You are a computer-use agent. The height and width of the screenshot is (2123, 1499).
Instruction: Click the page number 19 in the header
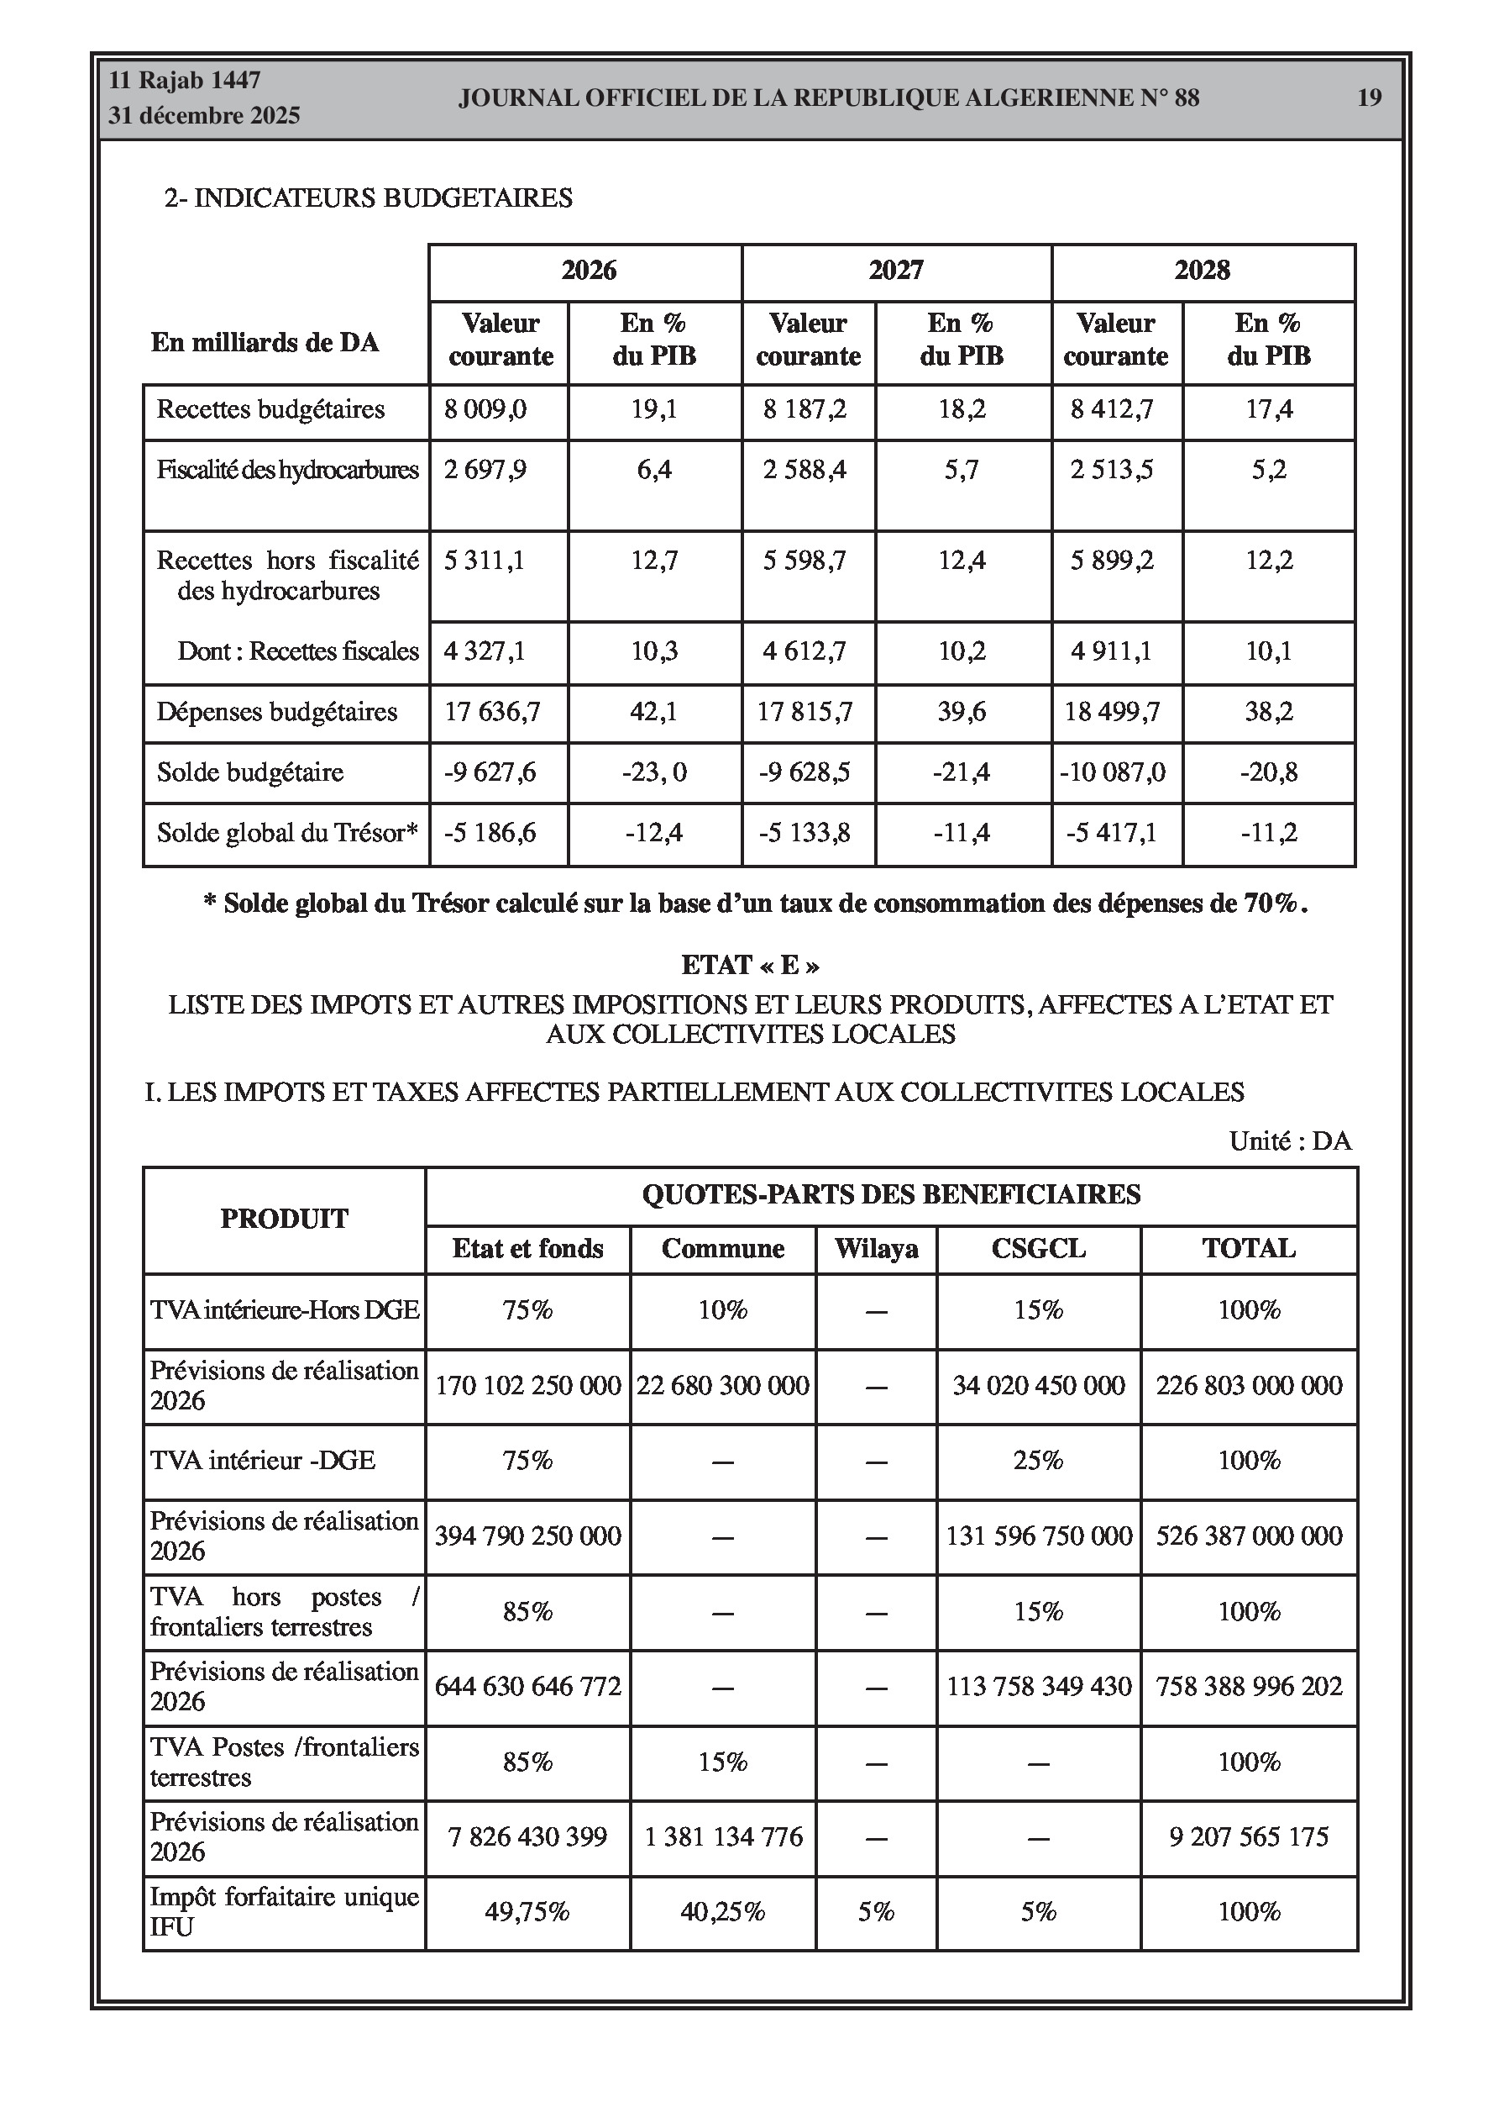pos(1369,98)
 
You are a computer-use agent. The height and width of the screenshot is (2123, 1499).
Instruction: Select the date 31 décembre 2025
pos(204,116)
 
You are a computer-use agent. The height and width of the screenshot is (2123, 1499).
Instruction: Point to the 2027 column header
pos(895,270)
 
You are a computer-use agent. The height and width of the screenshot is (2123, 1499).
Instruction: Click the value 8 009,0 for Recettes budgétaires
pos(485,409)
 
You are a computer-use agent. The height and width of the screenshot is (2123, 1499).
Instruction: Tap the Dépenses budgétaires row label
pos(276,712)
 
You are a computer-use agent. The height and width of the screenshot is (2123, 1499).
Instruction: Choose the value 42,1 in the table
pos(654,712)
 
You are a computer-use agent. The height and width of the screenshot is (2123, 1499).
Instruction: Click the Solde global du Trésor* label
pos(287,833)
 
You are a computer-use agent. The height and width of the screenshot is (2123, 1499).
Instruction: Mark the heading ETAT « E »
pos(749,966)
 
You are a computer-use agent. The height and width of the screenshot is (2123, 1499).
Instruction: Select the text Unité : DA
pos(1290,1141)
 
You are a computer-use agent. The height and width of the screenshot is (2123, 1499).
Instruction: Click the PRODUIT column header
pos(284,1219)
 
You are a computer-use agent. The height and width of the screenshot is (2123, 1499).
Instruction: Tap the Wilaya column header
pos(876,1249)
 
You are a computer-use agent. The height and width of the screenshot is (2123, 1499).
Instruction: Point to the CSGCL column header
pos(1038,1249)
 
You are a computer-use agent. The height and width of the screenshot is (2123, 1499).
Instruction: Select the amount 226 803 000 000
pos(1249,1385)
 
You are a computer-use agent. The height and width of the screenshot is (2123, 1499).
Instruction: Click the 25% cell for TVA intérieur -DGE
pos(1038,1461)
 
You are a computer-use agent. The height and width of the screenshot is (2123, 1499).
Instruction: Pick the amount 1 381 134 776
pos(723,1837)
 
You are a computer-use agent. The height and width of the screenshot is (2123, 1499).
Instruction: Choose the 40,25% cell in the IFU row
pos(723,1912)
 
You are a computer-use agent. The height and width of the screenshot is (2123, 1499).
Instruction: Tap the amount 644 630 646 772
pos(527,1687)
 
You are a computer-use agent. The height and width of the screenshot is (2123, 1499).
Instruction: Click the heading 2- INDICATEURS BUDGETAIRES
pos(368,198)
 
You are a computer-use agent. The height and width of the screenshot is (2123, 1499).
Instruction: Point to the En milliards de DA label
pos(265,342)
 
